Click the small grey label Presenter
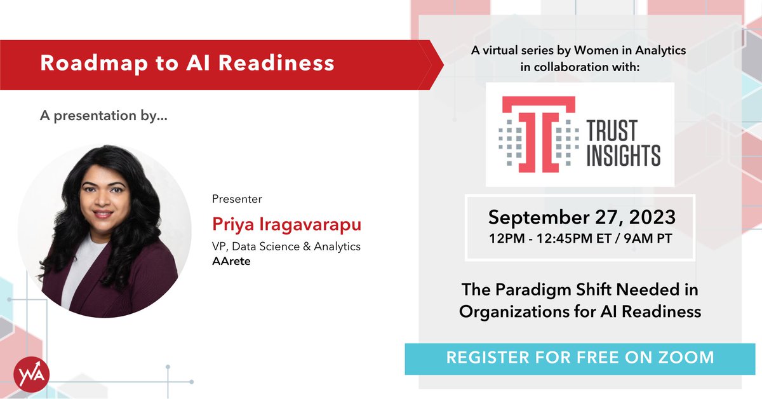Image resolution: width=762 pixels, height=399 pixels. click(237, 199)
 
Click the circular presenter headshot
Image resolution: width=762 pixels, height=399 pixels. click(104, 230)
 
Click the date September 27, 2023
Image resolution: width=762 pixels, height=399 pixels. click(581, 218)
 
